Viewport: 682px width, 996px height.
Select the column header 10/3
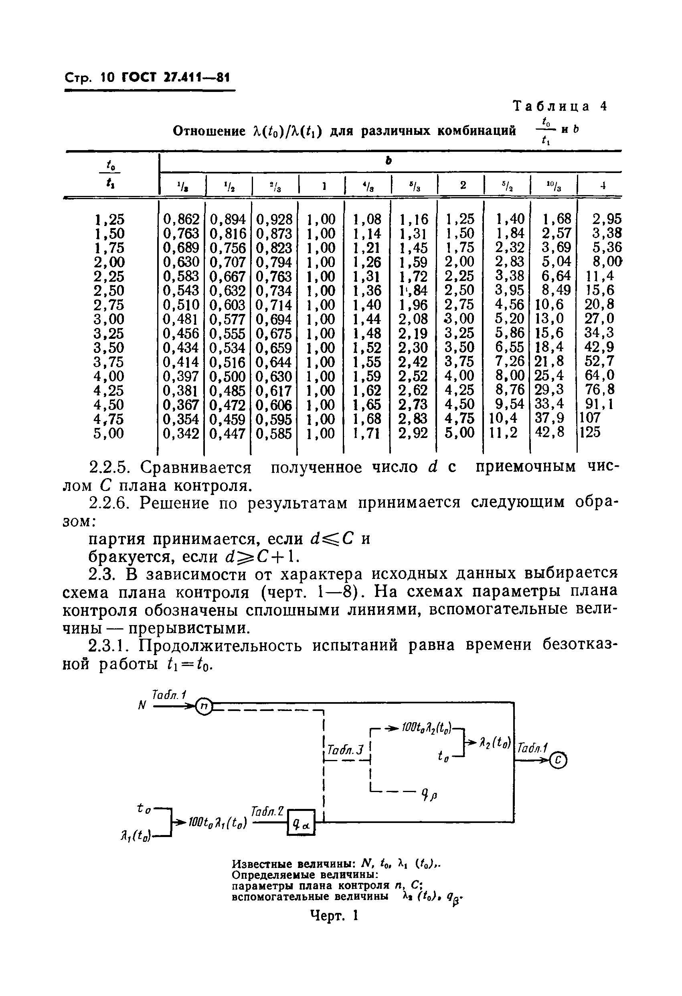553,185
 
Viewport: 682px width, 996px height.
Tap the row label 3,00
109,319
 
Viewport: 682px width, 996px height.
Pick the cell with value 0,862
181,220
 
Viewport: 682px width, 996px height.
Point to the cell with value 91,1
599,404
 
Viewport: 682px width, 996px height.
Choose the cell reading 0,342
181,433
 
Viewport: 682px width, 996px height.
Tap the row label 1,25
109,220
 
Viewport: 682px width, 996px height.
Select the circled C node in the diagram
558,760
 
